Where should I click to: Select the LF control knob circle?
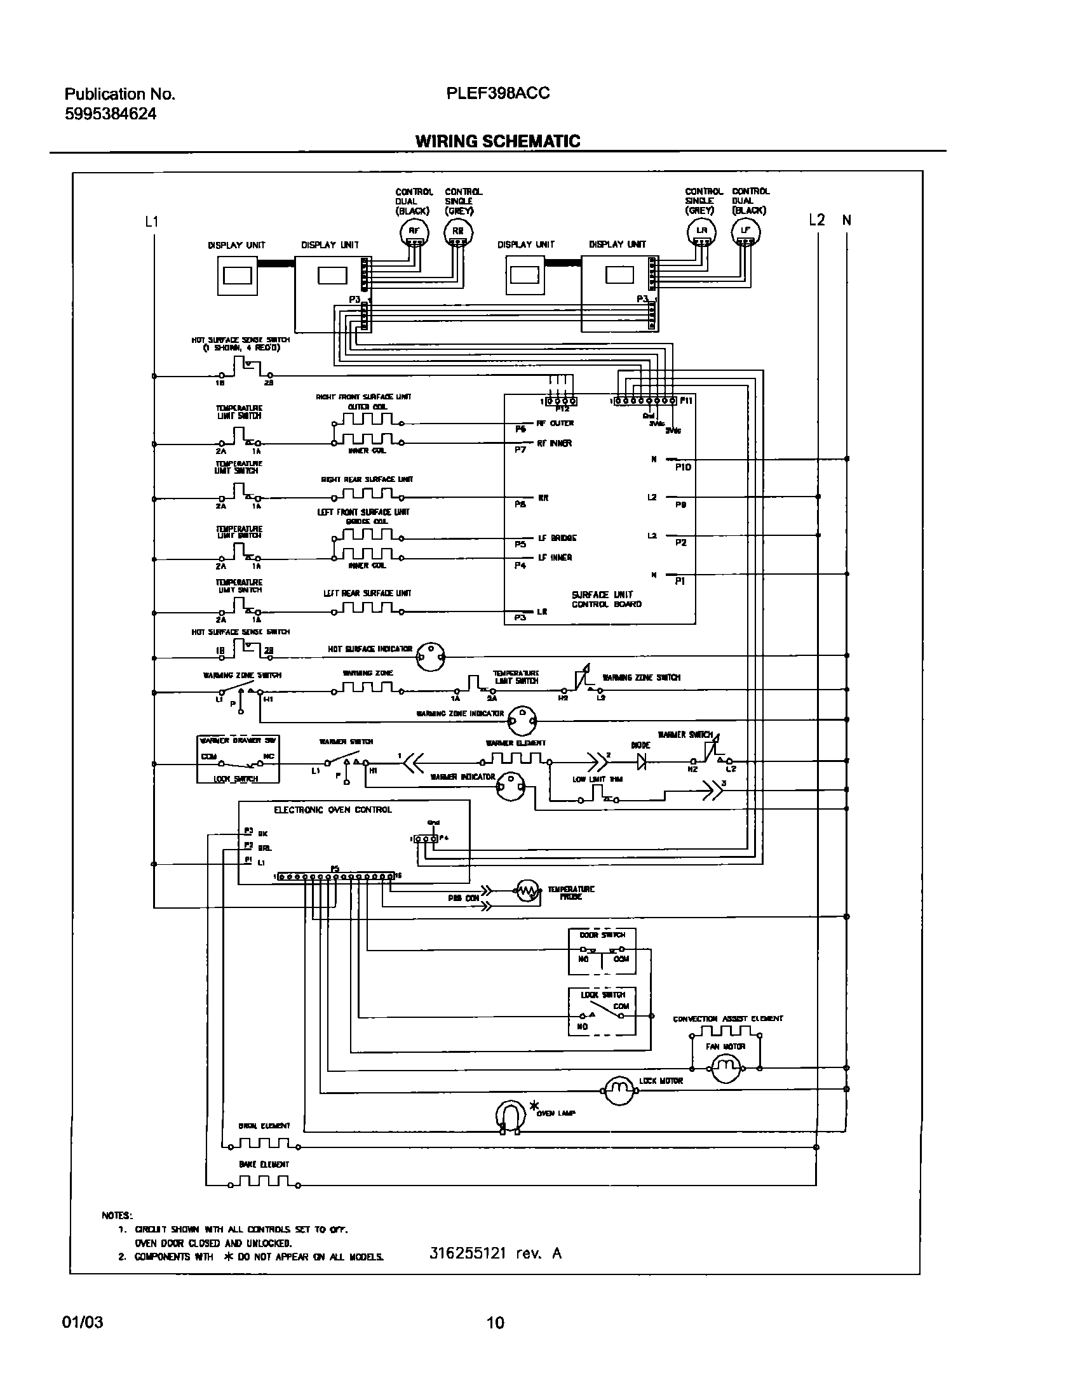[x=746, y=232]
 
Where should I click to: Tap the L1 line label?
[x=152, y=222]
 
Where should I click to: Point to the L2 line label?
[x=817, y=220]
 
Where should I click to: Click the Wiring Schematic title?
[x=497, y=141]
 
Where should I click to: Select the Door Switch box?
[x=601, y=952]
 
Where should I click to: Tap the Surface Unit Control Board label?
[x=606, y=599]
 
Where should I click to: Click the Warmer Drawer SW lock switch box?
[x=238, y=759]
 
